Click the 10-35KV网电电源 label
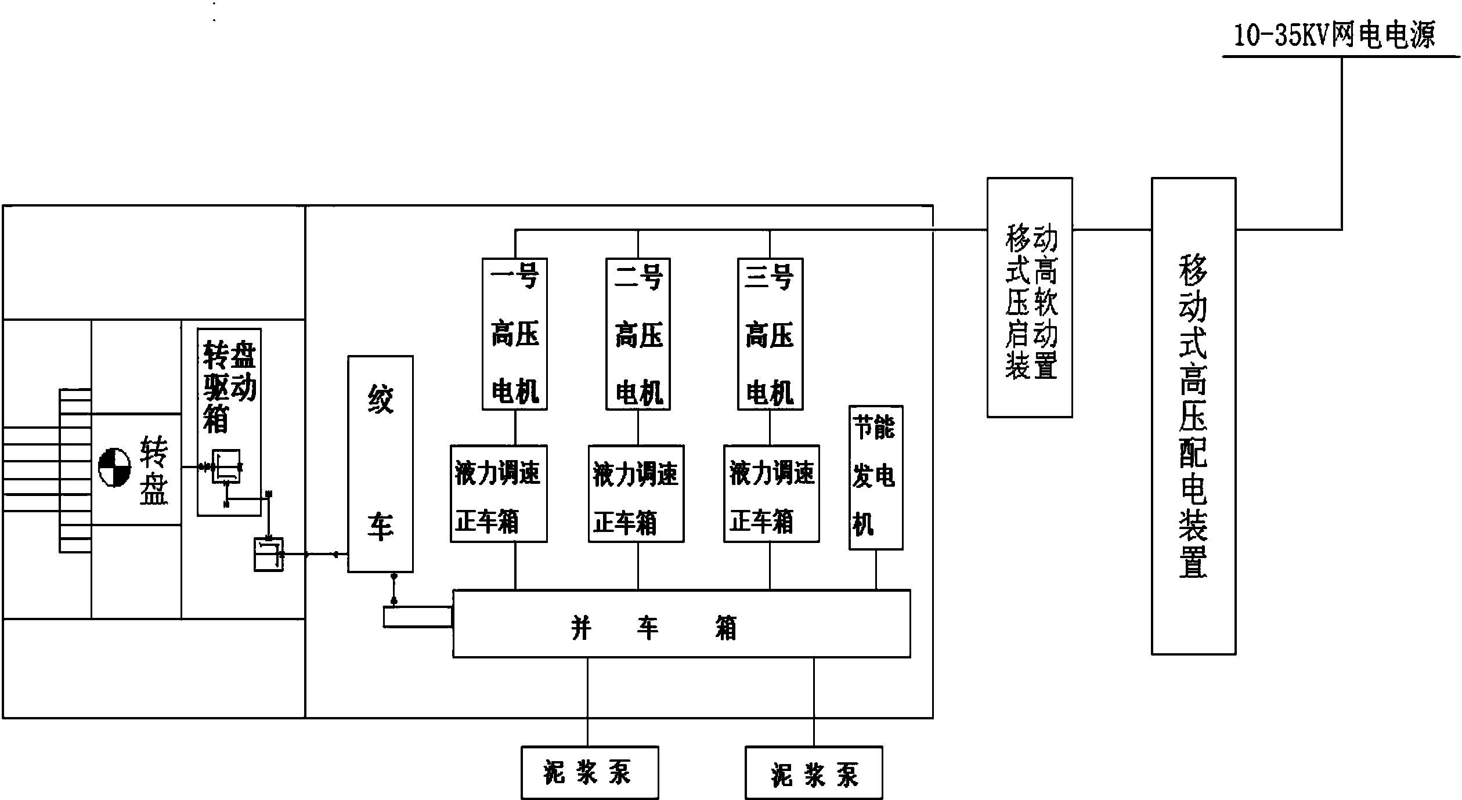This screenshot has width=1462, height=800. coord(1334,35)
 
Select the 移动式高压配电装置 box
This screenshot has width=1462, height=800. coord(1193,416)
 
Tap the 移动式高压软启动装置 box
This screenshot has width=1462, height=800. coord(1030,298)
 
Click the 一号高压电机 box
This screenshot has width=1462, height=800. coord(515,334)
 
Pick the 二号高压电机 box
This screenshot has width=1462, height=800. coord(638,334)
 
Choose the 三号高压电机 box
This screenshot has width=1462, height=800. coord(770,334)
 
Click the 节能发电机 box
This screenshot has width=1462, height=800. coord(875,477)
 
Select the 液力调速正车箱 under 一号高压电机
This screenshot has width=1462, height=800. coord(499,494)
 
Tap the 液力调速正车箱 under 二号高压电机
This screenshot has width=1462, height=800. coord(636,494)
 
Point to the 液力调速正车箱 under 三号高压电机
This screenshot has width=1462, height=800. coord(771,494)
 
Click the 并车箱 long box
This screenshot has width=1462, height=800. coord(681,624)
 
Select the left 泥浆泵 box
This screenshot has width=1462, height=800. coord(590,773)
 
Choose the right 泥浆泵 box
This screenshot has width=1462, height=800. coord(814,773)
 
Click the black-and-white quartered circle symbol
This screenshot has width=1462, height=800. coord(114,467)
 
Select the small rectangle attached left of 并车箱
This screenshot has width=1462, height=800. coord(417,617)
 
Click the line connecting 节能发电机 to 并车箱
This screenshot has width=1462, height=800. coord(876,570)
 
